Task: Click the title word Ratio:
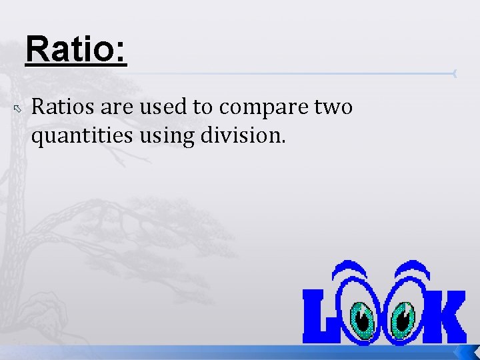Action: pos(75,51)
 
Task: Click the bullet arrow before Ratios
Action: pos(19,107)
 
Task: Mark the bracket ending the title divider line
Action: pos(455,73)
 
